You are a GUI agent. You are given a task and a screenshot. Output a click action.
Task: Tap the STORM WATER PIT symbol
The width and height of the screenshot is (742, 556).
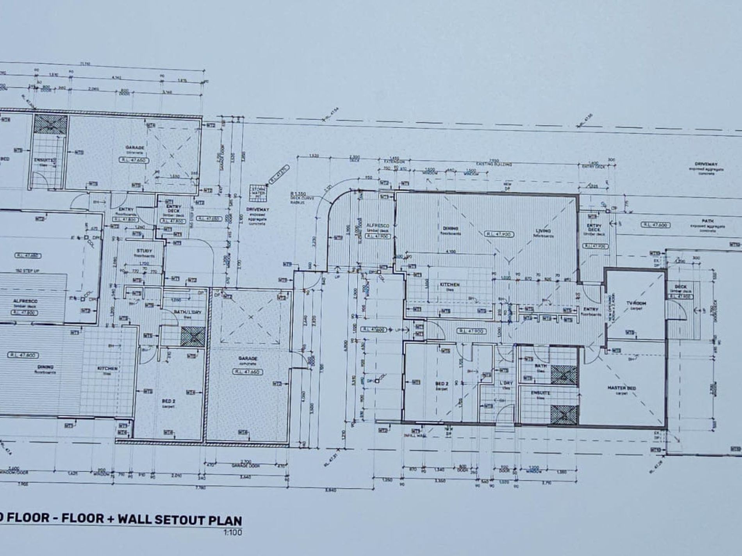[x=257, y=193]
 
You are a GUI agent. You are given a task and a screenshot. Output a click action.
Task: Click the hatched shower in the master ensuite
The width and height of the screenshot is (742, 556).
[x=564, y=414]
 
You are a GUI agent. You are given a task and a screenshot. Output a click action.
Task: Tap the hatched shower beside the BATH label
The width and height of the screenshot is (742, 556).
[x=564, y=375]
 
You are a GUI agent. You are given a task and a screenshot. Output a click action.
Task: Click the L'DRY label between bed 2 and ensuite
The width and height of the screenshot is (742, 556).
[x=505, y=384]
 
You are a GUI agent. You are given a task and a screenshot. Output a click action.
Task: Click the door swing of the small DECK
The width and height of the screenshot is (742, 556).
[x=680, y=312]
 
